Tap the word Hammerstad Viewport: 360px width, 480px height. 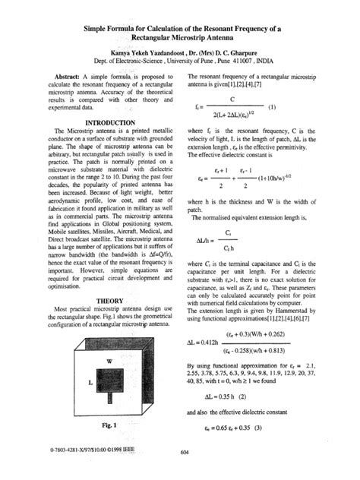(x=307, y=311)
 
